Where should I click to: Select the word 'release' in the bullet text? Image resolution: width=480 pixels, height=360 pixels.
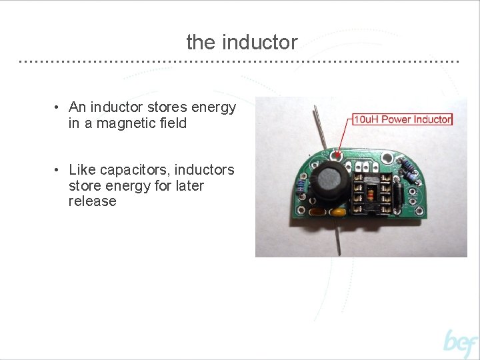click(x=92, y=201)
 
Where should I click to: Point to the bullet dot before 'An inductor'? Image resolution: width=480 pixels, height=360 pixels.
click(x=59, y=108)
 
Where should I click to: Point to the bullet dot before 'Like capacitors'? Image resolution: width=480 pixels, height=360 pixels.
click(x=59, y=171)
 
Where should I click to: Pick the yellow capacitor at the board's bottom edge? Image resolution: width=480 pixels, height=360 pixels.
click(x=338, y=213)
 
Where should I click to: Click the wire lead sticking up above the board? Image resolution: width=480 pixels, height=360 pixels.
click(x=321, y=130)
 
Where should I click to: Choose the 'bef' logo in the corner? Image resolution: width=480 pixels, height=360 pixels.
click(x=460, y=343)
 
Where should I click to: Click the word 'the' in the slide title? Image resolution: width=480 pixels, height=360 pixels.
click(x=201, y=43)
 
